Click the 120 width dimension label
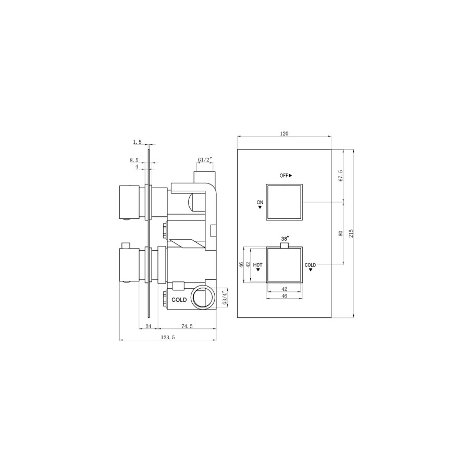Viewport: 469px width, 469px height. pyautogui.click(x=284, y=133)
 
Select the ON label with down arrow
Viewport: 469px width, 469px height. pyautogui.click(x=260, y=203)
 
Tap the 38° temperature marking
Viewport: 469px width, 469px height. pyautogui.click(x=285, y=238)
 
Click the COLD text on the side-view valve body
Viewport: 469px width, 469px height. pyautogui.click(x=179, y=300)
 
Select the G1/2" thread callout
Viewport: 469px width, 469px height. pyautogui.click(x=205, y=159)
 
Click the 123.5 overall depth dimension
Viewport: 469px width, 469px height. pyautogui.click(x=167, y=338)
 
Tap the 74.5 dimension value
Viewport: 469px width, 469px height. pyautogui.click(x=187, y=326)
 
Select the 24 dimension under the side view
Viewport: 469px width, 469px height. pyautogui.click(x=148, y=326)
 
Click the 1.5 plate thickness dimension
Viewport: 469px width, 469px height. pyautogui.click(x=138, y=142)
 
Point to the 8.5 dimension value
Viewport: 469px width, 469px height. pyautogui.click(x=134, y=161)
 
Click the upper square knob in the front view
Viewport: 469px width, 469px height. pyautogui.click(x=284, y=202)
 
